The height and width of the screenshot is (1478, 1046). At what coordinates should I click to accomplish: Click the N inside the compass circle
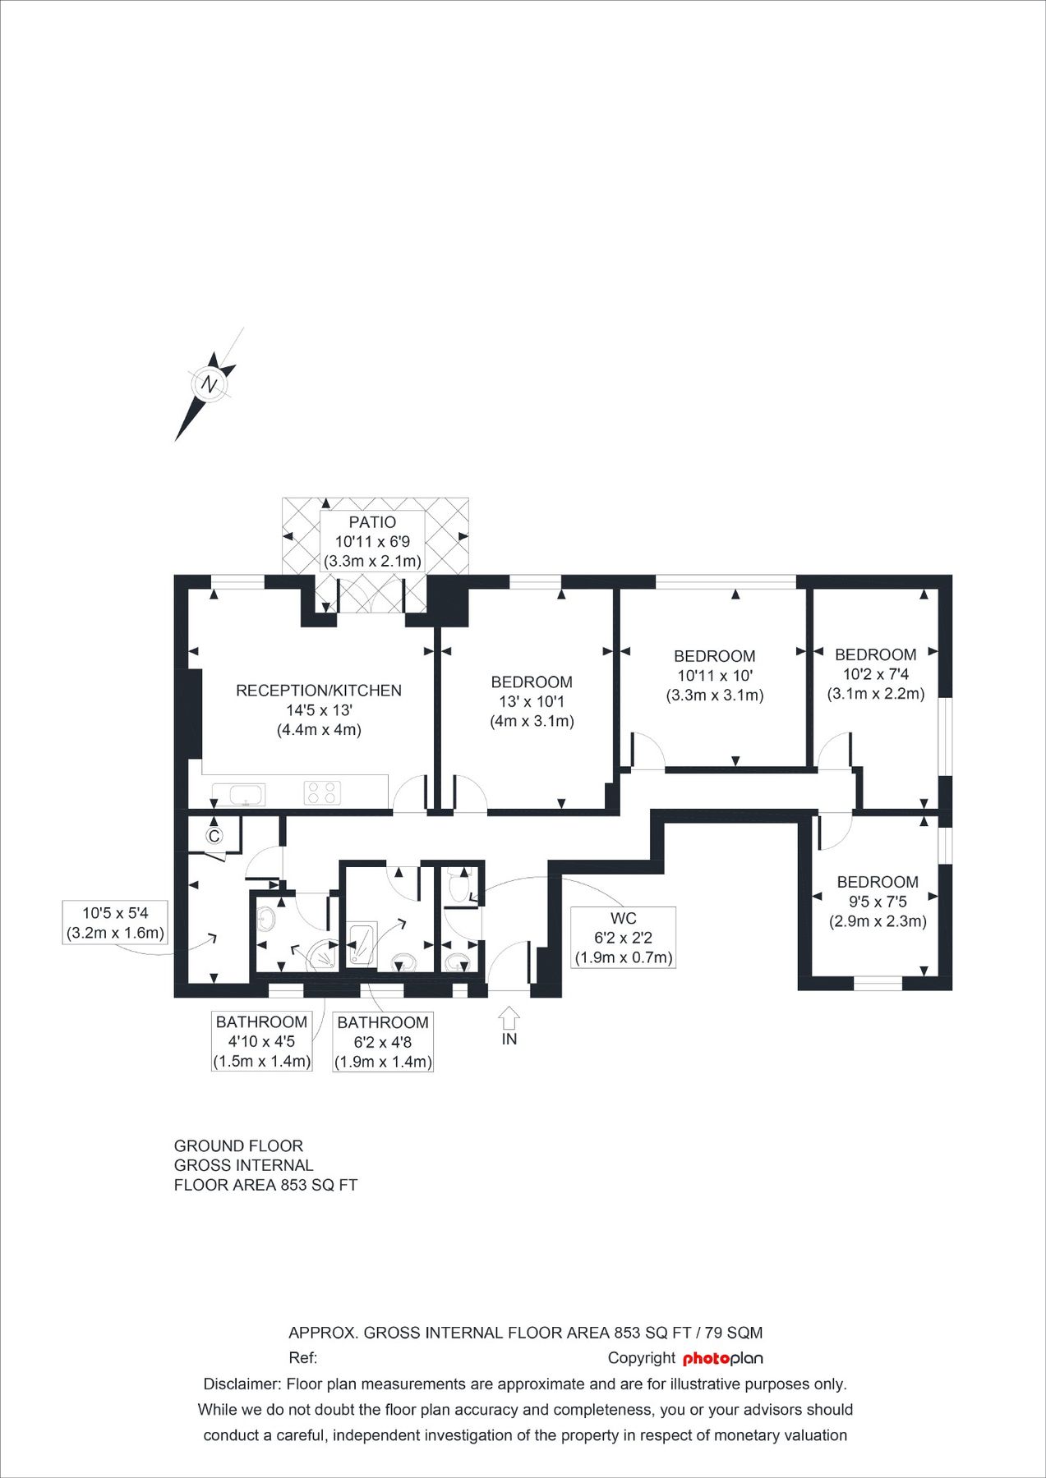210,384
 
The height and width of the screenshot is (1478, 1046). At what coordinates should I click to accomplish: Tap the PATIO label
372,522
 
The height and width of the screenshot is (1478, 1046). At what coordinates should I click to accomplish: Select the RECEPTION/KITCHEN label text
319,691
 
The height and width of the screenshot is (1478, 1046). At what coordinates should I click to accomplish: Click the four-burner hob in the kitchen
321,792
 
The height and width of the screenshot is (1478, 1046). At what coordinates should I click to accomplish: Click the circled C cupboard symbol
214,837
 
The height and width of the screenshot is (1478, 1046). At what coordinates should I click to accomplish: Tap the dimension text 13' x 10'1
532,702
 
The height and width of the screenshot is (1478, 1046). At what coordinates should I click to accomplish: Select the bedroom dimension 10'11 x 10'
714,676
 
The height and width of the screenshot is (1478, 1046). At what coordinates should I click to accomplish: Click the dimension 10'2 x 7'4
876,674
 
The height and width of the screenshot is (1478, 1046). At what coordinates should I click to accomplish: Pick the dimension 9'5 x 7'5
878,902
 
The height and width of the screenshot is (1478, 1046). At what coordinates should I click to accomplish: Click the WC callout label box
623,937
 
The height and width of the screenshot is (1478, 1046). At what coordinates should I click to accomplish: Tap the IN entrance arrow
509,1021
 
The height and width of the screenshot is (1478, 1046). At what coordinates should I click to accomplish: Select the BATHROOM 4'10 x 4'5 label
261,1041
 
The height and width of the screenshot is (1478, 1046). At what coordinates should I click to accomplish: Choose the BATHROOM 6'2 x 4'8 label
383,1042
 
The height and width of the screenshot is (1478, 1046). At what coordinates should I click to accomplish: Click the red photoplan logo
722,1358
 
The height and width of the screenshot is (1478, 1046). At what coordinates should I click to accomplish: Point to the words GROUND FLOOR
238,1145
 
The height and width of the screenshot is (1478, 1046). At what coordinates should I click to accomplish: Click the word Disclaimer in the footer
242,1384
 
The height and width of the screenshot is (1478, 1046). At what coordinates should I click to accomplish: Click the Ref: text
302,1358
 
